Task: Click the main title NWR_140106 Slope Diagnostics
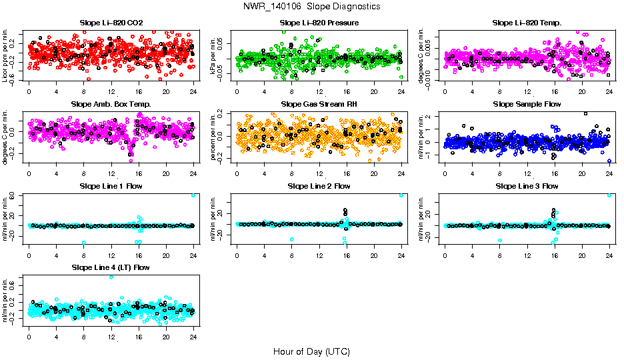click(312, 6)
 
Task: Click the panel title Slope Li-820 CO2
click(111, 23)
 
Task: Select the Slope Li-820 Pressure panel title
click(319, 23)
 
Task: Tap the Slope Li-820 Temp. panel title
click(527, 23)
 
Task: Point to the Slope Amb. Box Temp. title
click(111, 104)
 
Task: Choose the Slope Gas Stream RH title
click(319, 104)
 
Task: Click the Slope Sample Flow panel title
click(527, 104)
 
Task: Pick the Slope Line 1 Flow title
click(111, 186)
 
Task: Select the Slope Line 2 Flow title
click(319, 186)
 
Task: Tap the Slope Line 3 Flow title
click(527, 186)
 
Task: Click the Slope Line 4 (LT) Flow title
click(111, 267)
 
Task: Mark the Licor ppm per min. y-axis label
click(6, 57)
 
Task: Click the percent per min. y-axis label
click(215, 137)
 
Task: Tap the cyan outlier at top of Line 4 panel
click(111, 277)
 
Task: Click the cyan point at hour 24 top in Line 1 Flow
click(193, 195)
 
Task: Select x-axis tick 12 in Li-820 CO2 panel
click(111, 91)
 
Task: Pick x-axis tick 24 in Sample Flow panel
click(609, 173)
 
